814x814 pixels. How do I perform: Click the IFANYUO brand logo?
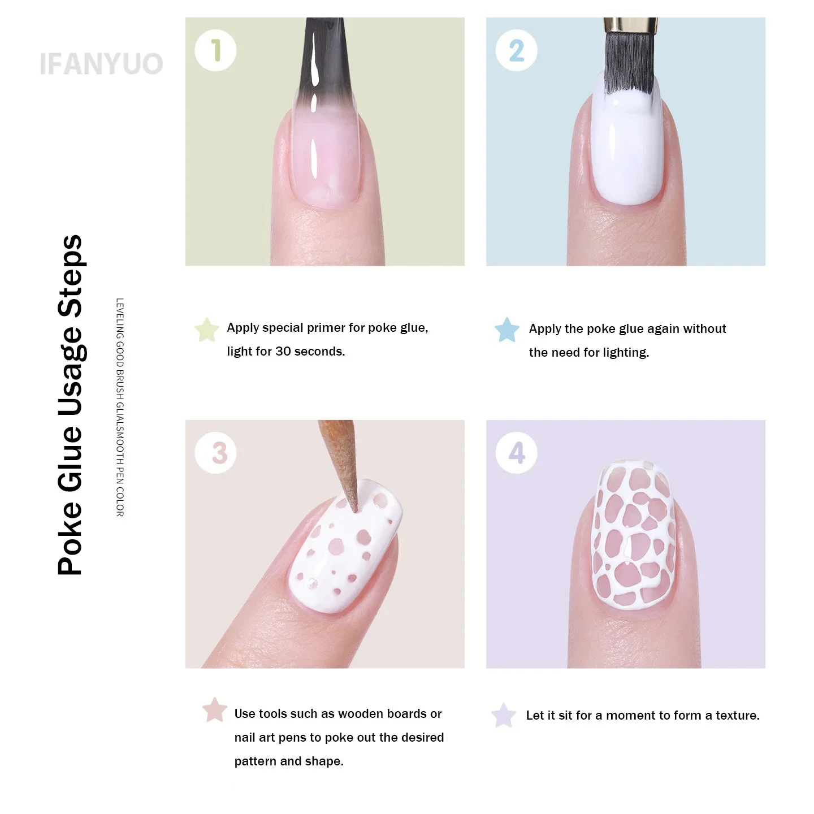[101, 64]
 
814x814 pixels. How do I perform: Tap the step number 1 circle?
[215, 50]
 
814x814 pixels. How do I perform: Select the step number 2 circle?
[516, 50]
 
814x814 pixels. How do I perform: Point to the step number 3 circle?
[215, 453]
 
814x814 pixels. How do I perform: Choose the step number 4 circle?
[516, 453]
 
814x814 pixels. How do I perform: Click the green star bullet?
[206, 330]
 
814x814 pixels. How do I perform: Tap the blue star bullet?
[507, 330]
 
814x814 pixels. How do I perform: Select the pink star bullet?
[215, 709]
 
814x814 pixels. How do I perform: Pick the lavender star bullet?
[504, 715]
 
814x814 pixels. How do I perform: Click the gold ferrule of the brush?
[630, 25]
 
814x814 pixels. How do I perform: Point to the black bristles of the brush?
[630, 61]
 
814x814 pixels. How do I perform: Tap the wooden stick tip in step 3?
[356, 509]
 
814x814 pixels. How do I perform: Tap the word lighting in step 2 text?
[626, 353]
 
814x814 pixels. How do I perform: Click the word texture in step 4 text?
[738, 715]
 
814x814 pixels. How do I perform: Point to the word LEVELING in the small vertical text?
[120, 319]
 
